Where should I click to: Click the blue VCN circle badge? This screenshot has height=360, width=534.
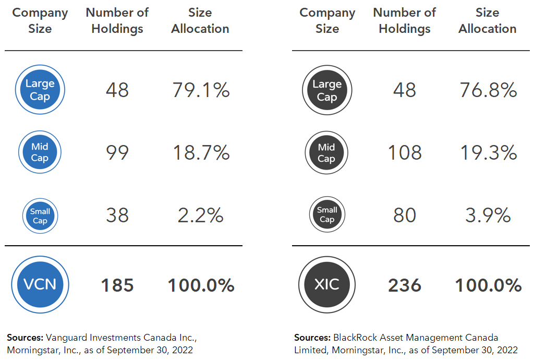tap(40, 284)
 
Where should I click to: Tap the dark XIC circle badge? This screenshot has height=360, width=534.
tap(327, 284)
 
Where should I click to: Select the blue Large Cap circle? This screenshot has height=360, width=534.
tap(40, 90)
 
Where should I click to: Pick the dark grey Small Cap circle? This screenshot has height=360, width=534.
tap(327, 214)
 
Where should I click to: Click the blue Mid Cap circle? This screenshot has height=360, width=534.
tap(40, 152)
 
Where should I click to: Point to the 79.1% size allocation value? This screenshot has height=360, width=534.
tap(201, 90)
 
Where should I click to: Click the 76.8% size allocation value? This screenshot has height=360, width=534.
tap(488, 90)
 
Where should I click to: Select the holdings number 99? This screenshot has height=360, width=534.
tap(117, 153)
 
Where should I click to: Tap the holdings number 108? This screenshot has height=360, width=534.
tap(405, 153)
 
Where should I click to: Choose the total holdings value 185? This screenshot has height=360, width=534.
tap(117, 285)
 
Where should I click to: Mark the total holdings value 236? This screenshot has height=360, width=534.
tap(405, 285)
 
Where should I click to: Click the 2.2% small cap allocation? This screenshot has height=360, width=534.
tap(201, 215)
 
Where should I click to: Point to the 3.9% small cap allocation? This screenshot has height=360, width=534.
tap(488, 215)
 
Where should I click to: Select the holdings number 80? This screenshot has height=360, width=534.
tap(405, 215)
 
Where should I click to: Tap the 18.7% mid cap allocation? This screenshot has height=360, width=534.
tap(201, 153)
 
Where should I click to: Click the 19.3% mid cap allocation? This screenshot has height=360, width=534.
tap(488, 153)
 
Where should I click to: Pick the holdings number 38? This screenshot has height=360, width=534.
tap(117, 215)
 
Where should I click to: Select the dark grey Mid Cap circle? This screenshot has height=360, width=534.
tap(327, 152)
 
